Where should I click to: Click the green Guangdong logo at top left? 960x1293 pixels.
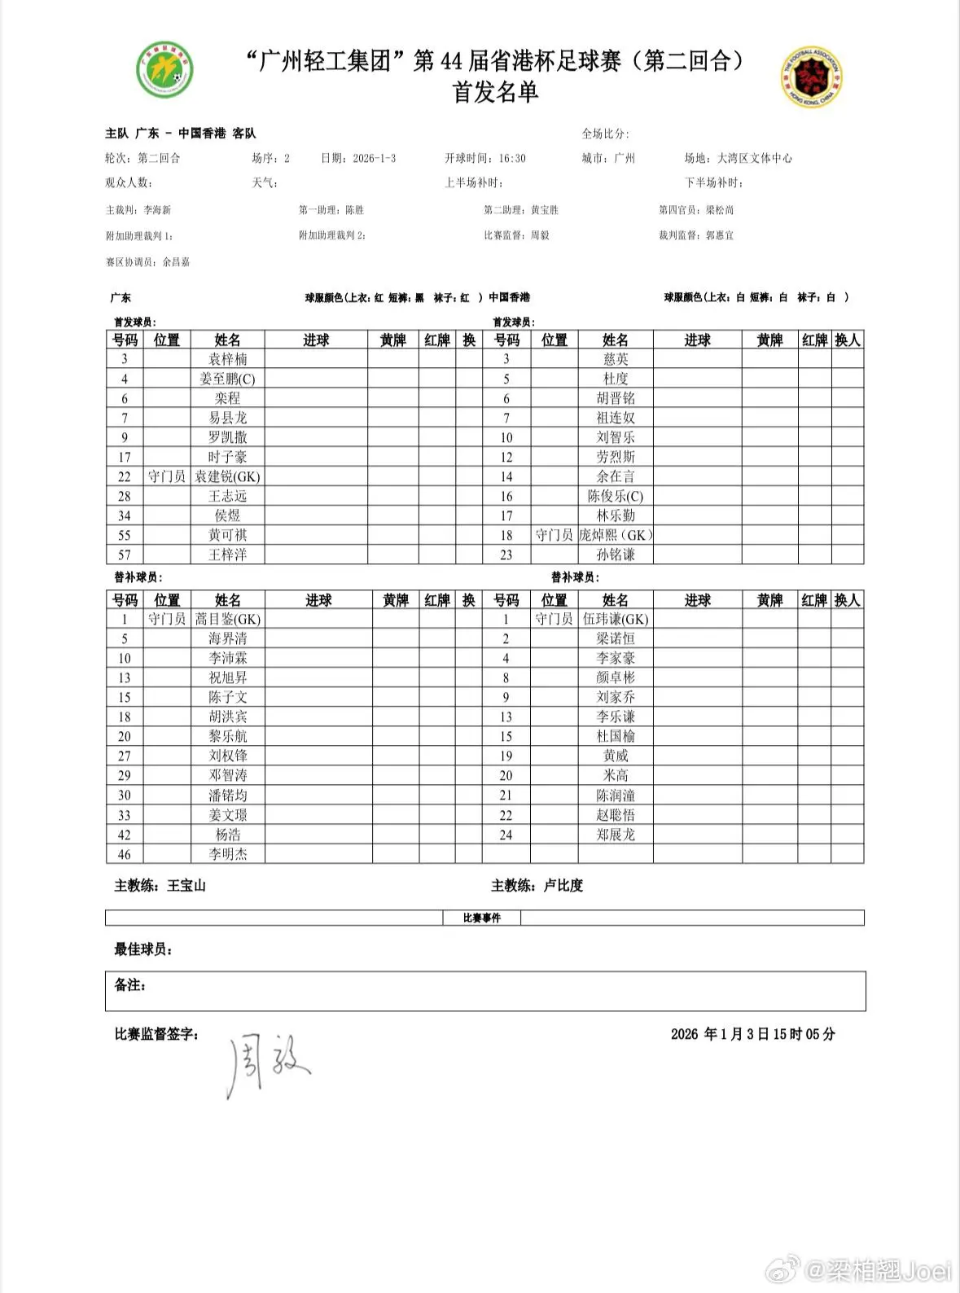164,70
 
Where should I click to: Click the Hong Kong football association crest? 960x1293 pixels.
812,77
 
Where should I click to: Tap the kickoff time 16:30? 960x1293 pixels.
512,158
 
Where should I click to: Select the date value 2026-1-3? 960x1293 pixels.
374,158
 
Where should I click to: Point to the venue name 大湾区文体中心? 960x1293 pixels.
754,158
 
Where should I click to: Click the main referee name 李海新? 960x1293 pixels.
157,210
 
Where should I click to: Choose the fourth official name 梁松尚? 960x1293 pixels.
720,210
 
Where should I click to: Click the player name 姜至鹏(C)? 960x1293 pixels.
227,379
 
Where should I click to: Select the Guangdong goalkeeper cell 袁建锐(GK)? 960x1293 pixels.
227,476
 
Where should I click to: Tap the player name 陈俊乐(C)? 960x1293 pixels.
616,496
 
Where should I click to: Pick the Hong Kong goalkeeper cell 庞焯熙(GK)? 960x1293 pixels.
616,535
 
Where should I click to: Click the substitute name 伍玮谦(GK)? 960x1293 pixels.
616,619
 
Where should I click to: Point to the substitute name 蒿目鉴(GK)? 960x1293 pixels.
227,619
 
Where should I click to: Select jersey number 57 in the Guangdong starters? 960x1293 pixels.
125,554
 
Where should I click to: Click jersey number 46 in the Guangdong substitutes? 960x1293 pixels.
125,854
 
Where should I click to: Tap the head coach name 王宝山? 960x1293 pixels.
186,885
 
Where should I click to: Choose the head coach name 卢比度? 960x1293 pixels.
563,885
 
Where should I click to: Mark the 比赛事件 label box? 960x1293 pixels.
481,918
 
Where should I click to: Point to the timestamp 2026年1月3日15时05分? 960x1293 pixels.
752,1034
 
